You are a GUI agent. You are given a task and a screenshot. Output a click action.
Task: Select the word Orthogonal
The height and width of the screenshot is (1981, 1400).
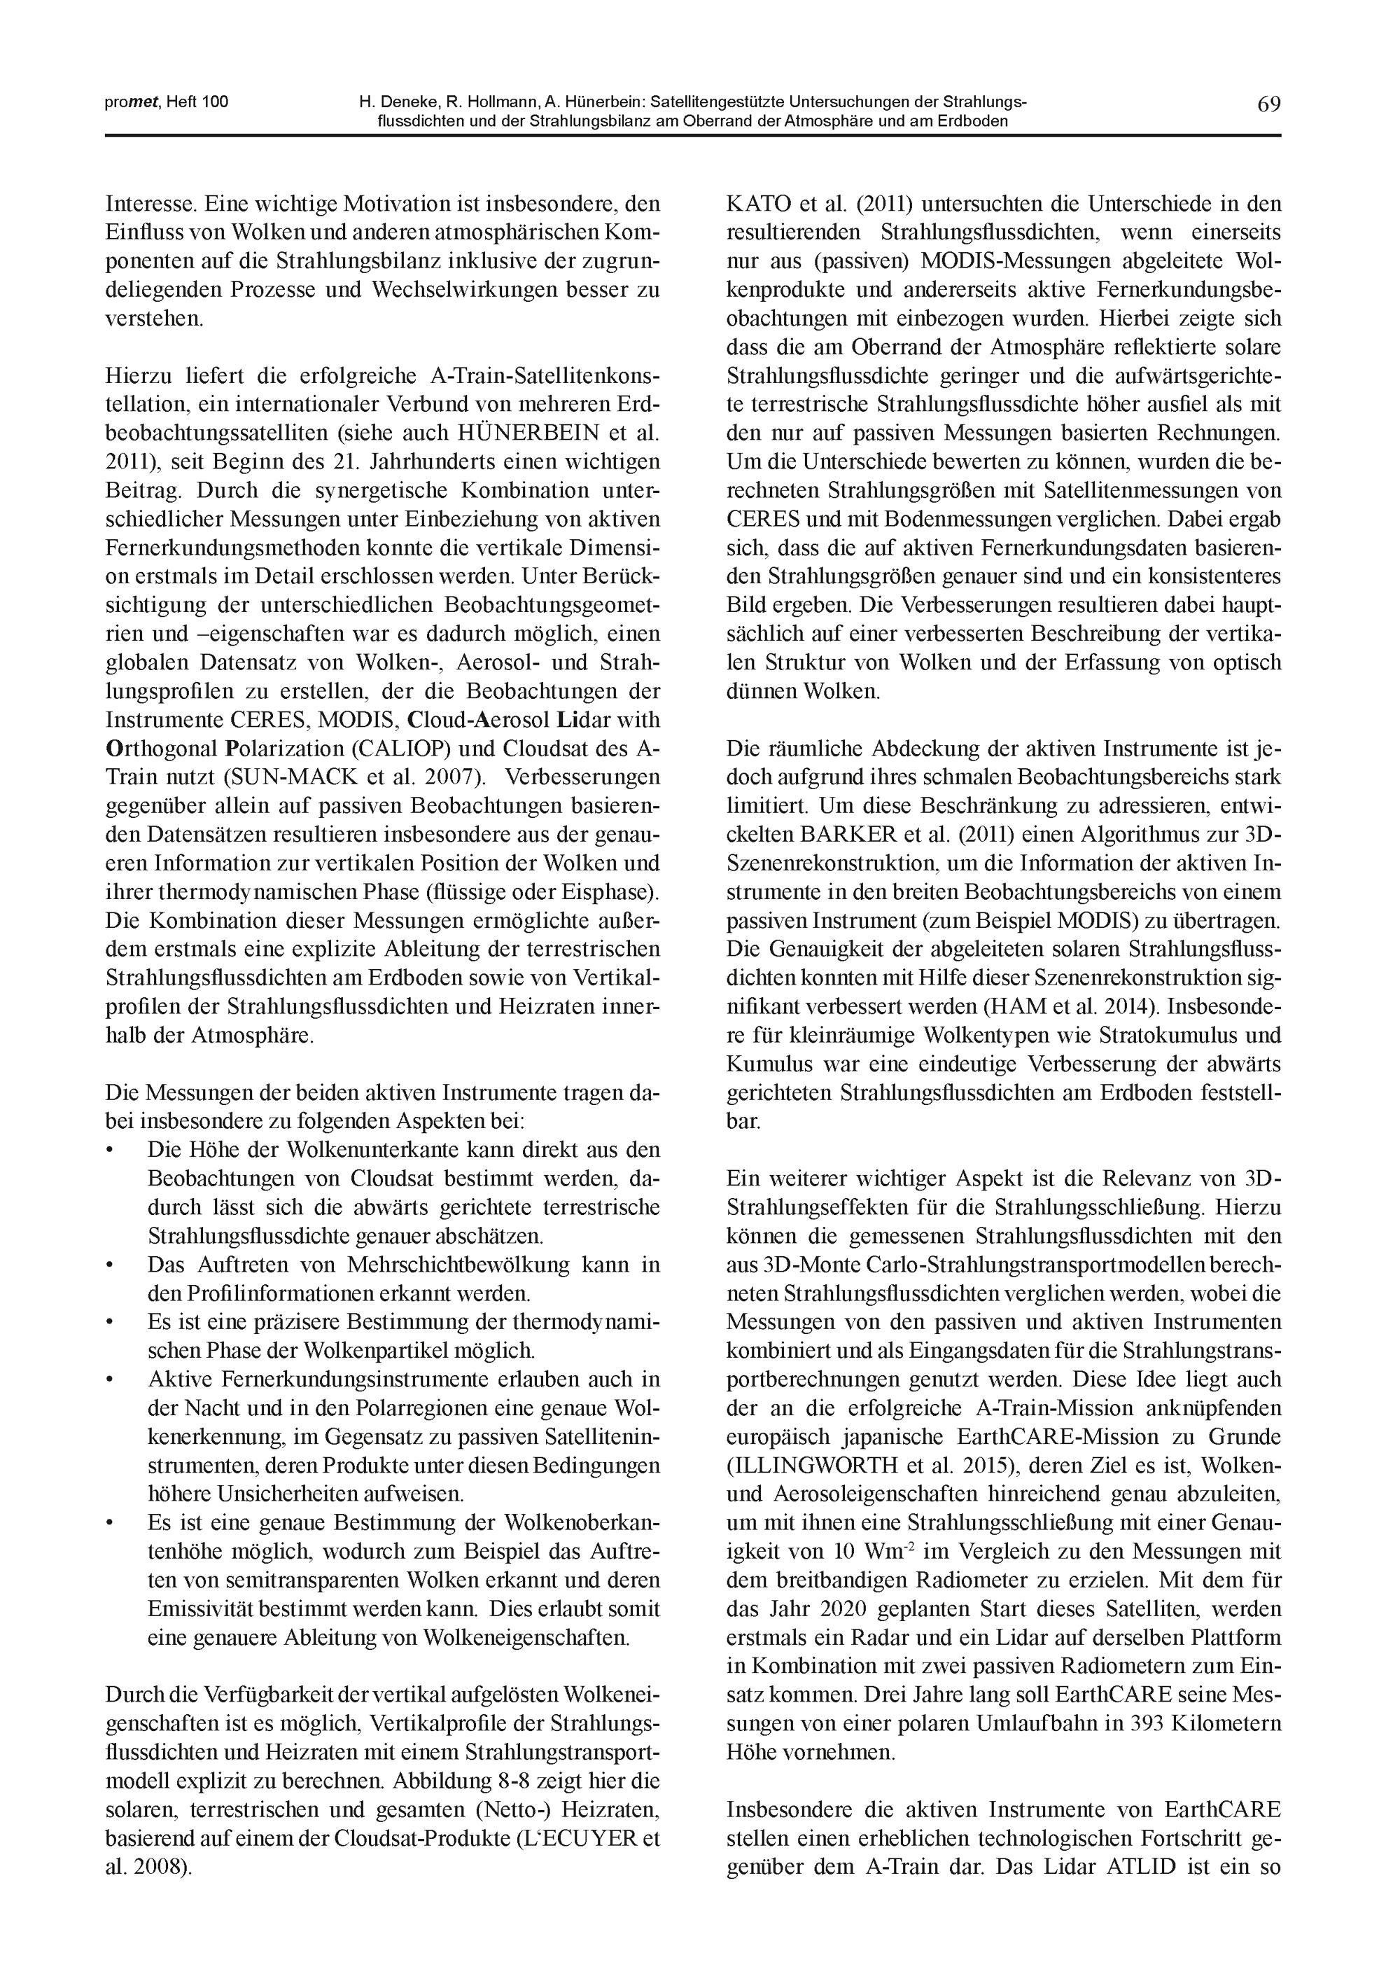point(164,748)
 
